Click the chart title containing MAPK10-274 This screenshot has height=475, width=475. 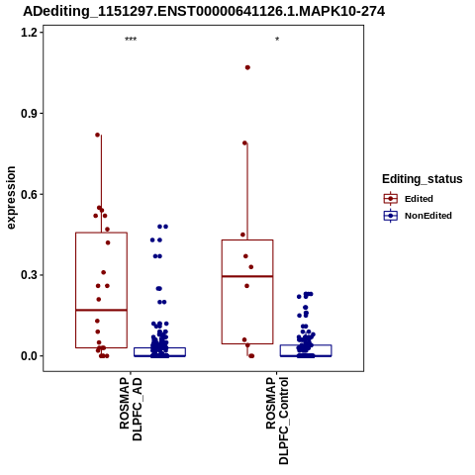click(204, 12)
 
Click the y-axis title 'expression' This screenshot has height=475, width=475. click(11, 198)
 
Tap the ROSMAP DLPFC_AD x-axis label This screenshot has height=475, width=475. click(131, 409)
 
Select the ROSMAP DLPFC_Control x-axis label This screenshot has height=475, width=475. click(277, 421)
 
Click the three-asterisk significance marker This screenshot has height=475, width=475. click(131, 40)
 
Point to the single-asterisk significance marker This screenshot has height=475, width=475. click(277, 40)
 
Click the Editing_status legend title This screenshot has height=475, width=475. click(423, 179)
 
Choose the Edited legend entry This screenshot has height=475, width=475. click(419, 199)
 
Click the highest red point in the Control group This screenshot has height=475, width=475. click(247, 67)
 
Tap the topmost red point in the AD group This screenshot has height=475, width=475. click(98, 135)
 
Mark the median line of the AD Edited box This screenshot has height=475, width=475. click(101, 310)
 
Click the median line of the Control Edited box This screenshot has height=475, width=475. click(247, 276)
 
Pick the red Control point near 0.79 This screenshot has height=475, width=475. click(245, 143)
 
